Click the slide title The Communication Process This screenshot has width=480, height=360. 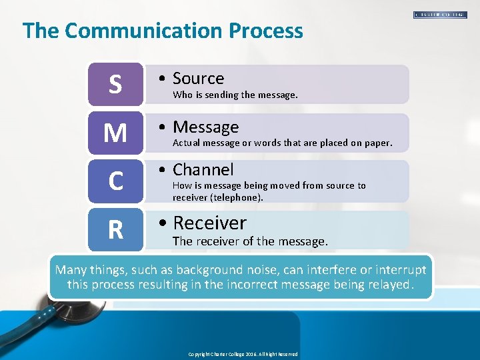[x=163, y=31]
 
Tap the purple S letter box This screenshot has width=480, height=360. [x=115, y=84]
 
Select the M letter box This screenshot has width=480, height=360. [x=115, y=133]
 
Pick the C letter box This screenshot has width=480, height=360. [x=115, y=181]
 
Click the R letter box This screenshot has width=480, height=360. [x=115, y=229]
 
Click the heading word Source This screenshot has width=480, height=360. [x=198, y=79]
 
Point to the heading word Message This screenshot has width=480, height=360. [x=205, y=127]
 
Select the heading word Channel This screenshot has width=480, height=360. [x=203, y=170]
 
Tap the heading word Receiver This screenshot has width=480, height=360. [x=209, y=223]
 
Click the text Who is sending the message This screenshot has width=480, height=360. [x=235, y=95]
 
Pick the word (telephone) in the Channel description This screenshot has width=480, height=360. [x=237, y=197]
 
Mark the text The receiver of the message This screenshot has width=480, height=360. [x=250, y=241]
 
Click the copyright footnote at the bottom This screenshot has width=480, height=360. [x=243, y=354]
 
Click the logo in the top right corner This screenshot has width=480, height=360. [x=440, y=14]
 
